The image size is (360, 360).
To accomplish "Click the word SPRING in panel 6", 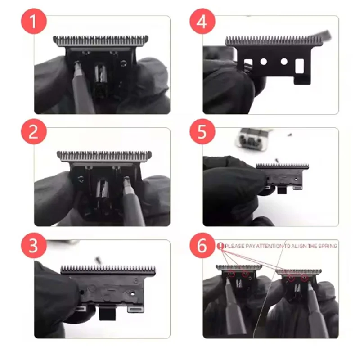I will pyautogui.click(x=326, y=246).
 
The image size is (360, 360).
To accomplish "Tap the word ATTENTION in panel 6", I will pyautogui.click(x=269, y=246).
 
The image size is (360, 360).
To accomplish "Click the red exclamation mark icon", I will pyautogui.click(x=220, y=246).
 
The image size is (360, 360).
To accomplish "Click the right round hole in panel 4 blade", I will pyautogui.click(x=284, y=61).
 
